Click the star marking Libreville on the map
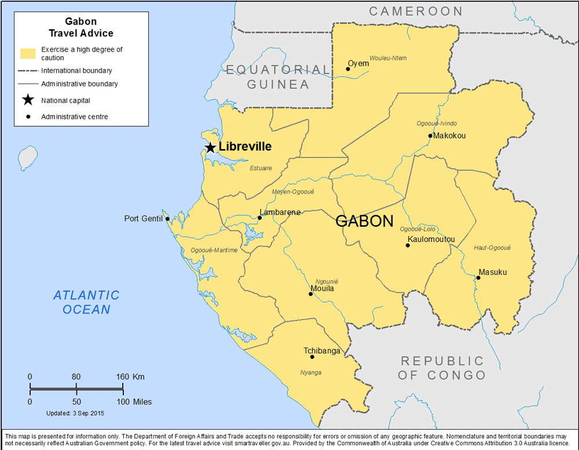tap(210, 147)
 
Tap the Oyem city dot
tap(348, 69)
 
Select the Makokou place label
tap(449, 136)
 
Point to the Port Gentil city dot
tap(167, 219)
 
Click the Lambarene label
tap(281, 212)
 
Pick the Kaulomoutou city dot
tap(408, 245)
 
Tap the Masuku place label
tap(492, 272)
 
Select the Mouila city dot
tap(310, 294)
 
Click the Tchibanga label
tap(322, 351)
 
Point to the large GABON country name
tap(365, 221)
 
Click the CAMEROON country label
tap(416, 11)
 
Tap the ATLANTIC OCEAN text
tap(86, 302)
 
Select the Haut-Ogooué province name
tap(492, 248)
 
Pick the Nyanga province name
tap(311, 372)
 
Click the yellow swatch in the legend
tap(28, 53)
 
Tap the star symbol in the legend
tap(27, 100)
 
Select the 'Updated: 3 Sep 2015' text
tap(75, 413)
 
